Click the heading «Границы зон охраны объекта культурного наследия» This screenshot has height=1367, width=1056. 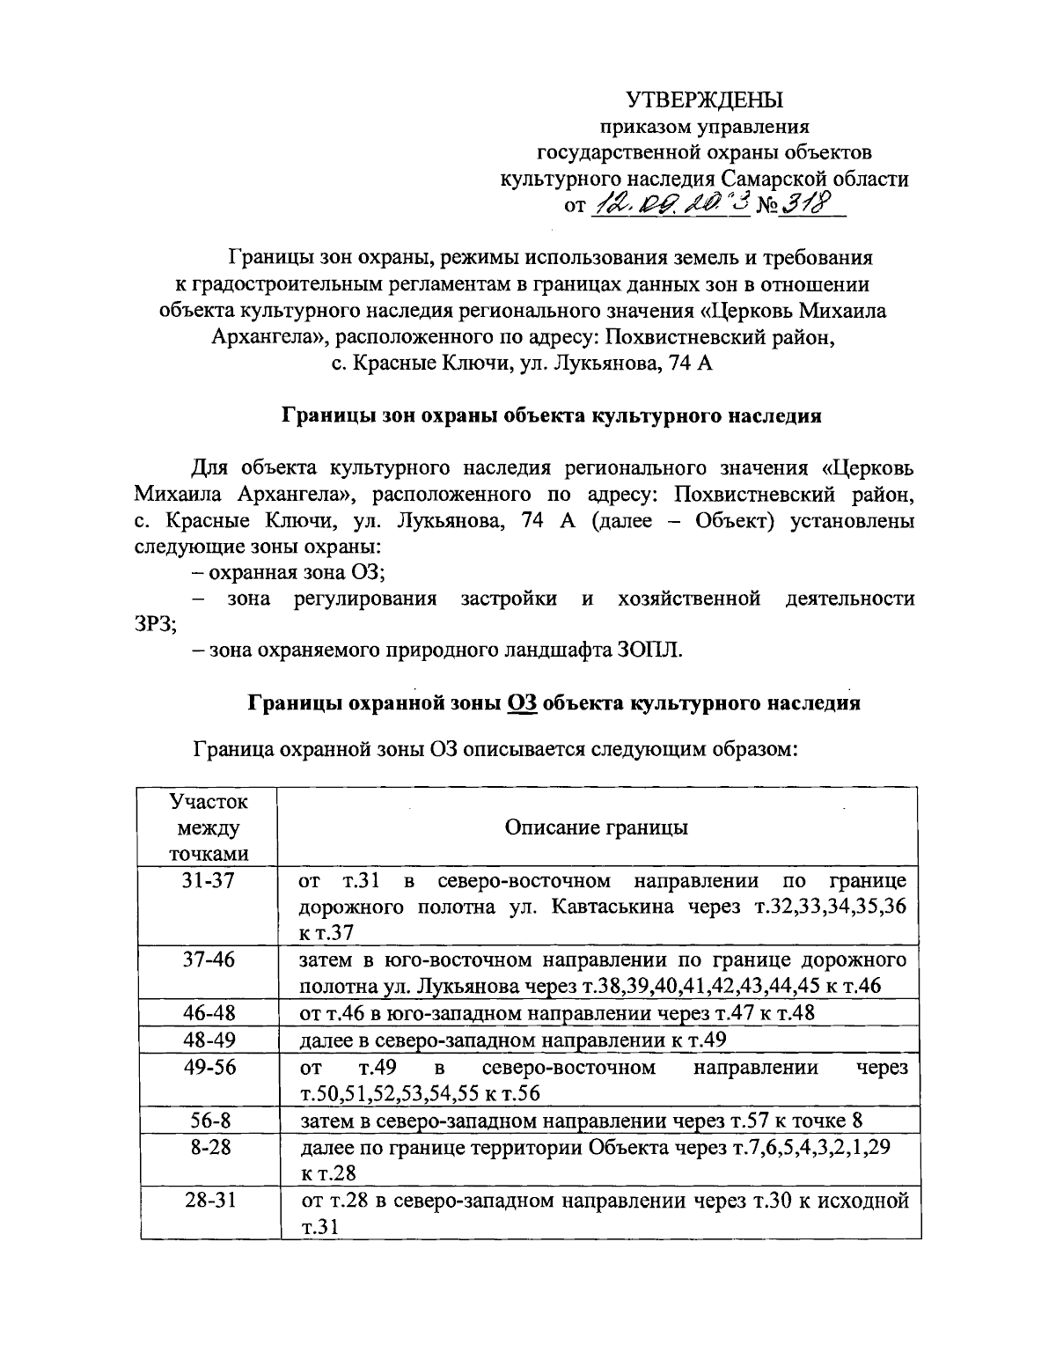coord(551,415)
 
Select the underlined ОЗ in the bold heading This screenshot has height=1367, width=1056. coord(523,703)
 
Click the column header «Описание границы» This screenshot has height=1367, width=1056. coord(597,827)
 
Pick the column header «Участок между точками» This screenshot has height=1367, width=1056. coord(209,827)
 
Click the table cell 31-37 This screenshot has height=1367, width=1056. coord(209,880)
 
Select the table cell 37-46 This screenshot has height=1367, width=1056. coord(209,959)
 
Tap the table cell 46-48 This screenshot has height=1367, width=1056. coord(209,1012)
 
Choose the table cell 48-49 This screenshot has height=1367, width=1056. coord(209,1040)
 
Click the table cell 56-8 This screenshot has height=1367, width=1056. coord(209,1121)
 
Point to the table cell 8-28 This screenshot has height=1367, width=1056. coord(209,1148)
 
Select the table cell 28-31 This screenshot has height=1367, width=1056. coord(209,1201)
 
